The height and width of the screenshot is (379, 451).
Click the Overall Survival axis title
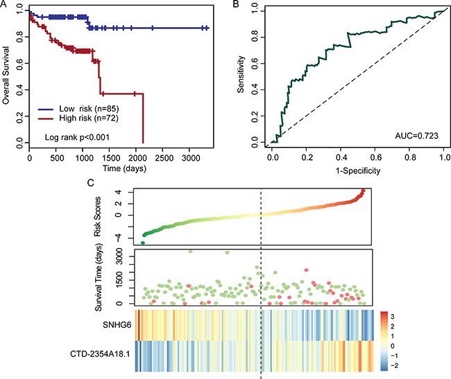(6, 74)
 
